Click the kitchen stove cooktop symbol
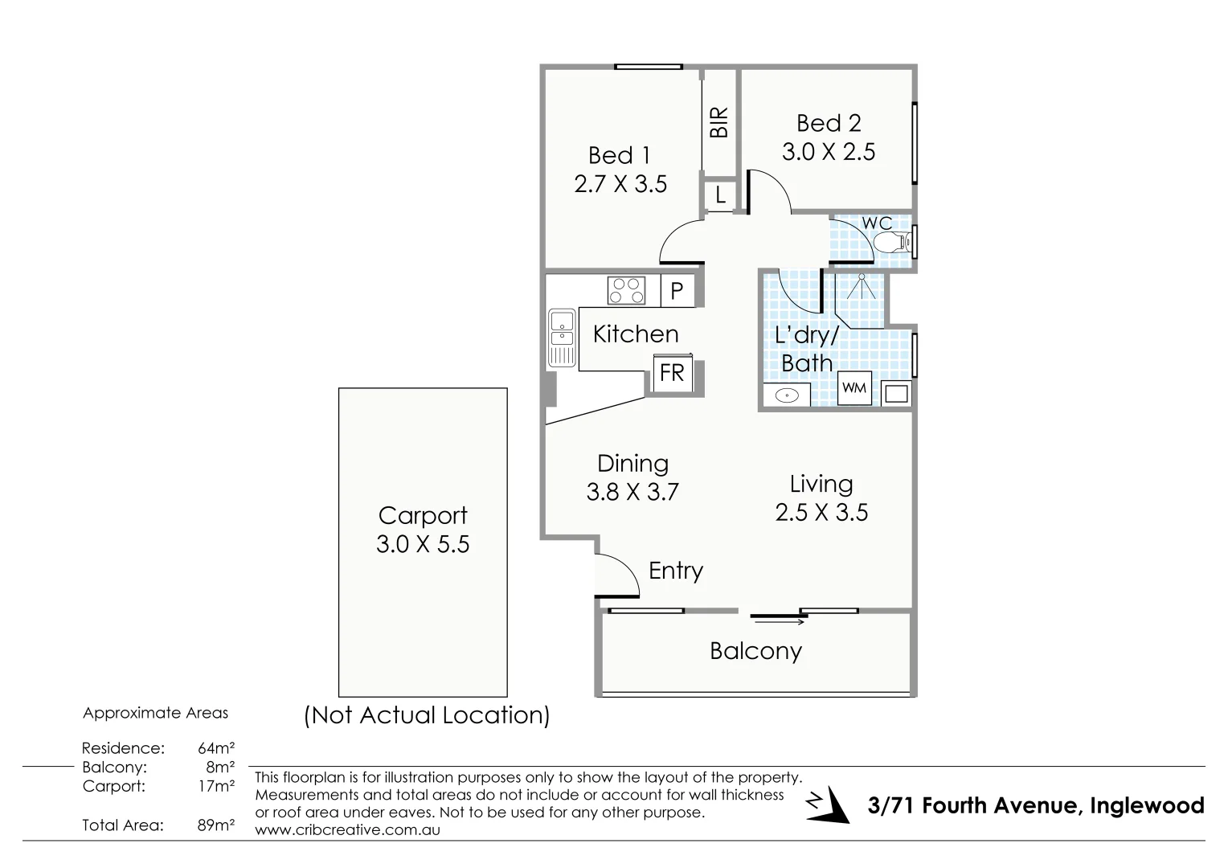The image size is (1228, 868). tap(626, 290)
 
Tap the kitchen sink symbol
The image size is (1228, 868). tap(562, 338)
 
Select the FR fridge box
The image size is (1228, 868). tap(672, 373)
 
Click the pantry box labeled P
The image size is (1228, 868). tap(677, 291)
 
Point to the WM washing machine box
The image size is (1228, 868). tap(854, 389)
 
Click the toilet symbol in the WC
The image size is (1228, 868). tap(892, 241)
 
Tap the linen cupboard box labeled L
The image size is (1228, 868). tap(720, 194)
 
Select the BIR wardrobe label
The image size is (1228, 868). tap(719, 122)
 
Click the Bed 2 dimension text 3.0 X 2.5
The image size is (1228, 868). tap(829, 152)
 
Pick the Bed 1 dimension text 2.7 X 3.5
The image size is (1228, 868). tap(620, 184)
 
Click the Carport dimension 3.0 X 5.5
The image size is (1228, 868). tap(423, 544)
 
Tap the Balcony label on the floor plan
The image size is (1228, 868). tap(755, 651)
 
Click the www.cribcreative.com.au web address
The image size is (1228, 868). tap(347, 830)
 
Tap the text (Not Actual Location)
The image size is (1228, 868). tap(427, 715)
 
